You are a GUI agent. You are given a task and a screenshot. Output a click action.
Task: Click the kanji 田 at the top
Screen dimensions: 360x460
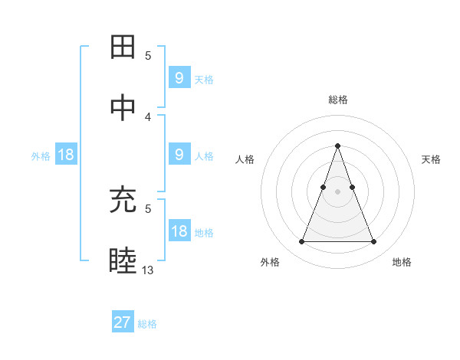tap(123, 47)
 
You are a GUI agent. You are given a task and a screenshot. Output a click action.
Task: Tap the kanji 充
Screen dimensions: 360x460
tap(123, 201)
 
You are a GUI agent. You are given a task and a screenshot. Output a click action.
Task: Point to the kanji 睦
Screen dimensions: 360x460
tap(123, 260)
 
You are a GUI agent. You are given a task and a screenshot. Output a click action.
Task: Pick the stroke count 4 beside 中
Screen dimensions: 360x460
tap(148, 116)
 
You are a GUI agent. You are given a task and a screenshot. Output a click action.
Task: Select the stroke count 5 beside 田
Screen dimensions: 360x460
tap(148, 56)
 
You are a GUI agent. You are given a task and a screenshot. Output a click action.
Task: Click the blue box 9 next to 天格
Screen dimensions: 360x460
tap(179, 77)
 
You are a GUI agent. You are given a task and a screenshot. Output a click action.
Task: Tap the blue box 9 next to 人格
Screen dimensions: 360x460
tap(179, 155)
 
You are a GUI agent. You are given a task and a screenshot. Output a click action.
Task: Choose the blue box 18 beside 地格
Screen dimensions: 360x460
tap(179, 231)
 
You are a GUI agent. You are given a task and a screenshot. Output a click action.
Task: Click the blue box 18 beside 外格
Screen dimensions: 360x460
tap(65, 155)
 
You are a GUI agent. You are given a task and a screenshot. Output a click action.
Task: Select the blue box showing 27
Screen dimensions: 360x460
tap(123, 322)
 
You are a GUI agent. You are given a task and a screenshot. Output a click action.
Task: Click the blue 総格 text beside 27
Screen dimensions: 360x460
tap(147, 324)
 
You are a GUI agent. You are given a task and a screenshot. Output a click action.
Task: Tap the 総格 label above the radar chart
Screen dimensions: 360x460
tap(338, 100)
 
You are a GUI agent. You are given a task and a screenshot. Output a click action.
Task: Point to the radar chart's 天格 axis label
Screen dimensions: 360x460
tap(432, 159)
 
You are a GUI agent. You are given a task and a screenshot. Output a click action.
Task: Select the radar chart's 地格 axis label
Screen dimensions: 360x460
tap(402, 263)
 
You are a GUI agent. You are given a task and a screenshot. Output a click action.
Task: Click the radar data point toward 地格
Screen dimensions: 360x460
tap(373, 242)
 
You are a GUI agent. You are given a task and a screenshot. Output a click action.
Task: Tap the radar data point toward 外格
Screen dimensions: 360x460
tap(301, 242)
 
